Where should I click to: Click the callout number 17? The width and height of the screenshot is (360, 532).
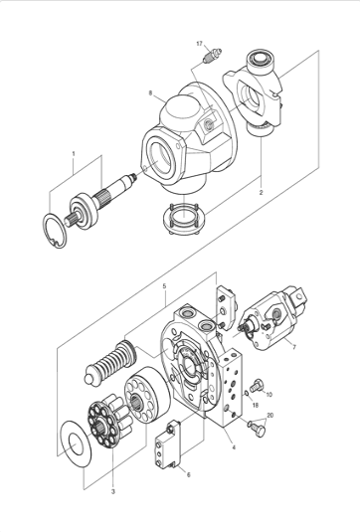(x=199, y=44)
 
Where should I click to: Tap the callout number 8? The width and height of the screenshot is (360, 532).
(x=150, y=92)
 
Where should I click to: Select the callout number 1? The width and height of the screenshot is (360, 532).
(x=74, y=154)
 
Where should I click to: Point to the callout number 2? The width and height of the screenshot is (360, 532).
(x=261, y=192)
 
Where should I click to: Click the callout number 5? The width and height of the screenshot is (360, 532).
(x=164, y=286)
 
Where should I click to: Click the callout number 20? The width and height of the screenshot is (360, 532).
(x=270, y=416)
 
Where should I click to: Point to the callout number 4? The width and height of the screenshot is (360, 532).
(x=234, y=447)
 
